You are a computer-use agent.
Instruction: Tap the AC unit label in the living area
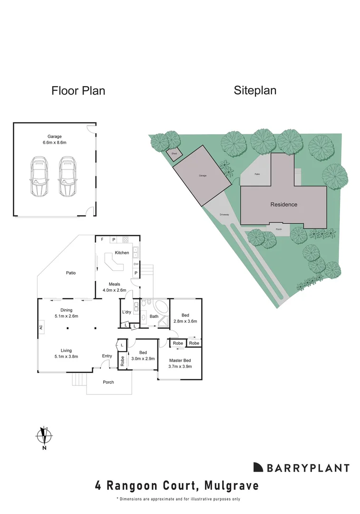coord(41,327)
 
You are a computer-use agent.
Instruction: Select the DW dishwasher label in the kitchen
coord(136,264)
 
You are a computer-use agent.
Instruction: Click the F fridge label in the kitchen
coord(102,239)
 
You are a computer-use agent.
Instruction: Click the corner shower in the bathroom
coord(163,322)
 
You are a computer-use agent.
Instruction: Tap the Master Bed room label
coord(180,360)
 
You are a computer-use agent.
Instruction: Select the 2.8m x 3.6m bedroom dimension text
coord(185,321)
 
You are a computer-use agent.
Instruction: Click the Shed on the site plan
coord(174,154)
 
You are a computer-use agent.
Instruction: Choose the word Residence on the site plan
coord(284,205)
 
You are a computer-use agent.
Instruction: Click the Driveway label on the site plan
coord(224,215)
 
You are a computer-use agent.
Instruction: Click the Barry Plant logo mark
coord(258,467)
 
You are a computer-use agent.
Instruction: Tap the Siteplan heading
coord(255,90)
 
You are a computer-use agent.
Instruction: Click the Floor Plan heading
coord(78,90)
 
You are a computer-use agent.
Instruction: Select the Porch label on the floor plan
coord(108,382)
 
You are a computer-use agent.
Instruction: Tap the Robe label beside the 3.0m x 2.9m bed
coord(122,360)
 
